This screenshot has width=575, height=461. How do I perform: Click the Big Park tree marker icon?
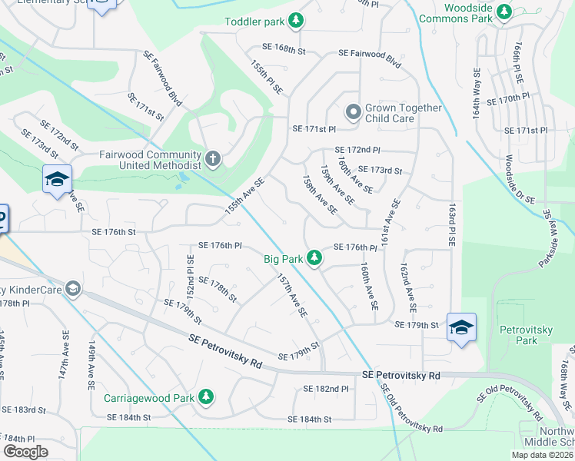coord(314,258)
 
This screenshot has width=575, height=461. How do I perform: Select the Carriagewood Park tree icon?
coord(206,398)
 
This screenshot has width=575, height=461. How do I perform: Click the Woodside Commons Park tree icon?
coord(504,12)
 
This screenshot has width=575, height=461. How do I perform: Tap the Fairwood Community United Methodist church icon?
coord(214,160)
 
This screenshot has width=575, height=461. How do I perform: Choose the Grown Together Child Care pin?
coord(353,113)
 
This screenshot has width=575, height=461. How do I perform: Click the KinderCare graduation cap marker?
coord(73,290)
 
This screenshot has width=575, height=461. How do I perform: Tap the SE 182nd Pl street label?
coord(326,390)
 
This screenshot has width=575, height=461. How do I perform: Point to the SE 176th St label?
coord(113,232)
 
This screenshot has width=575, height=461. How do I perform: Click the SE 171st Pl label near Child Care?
coord(314,129)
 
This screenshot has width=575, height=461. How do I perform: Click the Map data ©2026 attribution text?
coord(541,455)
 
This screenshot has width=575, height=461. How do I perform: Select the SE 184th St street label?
coord(309,420)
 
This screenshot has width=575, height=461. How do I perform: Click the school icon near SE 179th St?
coord(461,328)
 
